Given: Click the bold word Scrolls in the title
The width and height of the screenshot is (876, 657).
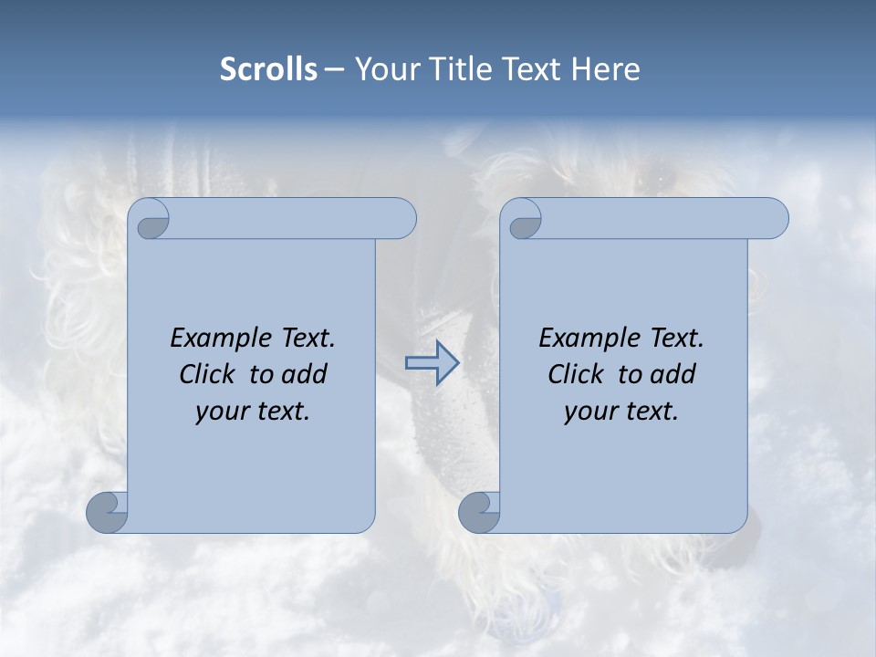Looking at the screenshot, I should tap(268, 69).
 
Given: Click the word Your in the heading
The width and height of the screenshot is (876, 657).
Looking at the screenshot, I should tap(387, 69).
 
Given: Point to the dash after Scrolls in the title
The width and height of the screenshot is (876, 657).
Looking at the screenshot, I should tap(334, 70).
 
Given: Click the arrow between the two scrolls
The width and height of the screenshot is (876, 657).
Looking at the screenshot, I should tap(432, 363).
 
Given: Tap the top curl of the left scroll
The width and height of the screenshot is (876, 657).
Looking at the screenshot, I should tap(151, 222).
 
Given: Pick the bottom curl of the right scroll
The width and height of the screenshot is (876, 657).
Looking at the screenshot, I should tap(479, 512).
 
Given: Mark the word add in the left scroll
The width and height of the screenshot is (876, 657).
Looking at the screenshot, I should tap(305, 374).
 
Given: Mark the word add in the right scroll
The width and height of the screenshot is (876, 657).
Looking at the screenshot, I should tap(673, 374).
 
